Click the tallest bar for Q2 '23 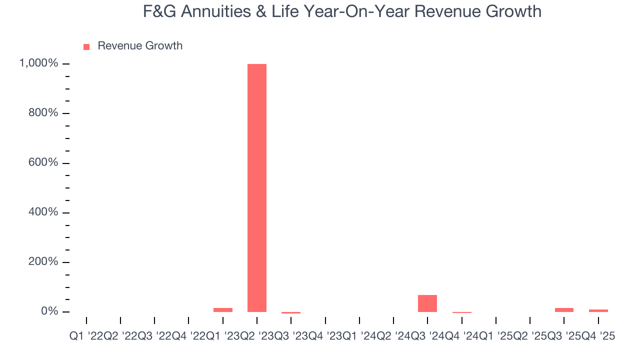[x=257, y=187]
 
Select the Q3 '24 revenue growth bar [x=427, y=303]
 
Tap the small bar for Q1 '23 [x=223, y=310]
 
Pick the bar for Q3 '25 [x=564, y=310]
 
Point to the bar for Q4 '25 [x=598, y=310]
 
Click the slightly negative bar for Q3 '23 [x=291, y=313]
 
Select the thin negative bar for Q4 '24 [x=461, y=312]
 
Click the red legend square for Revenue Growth [x=86, y=46]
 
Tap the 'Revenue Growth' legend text [x=140, y=46]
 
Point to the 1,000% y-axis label [x=38, y=63]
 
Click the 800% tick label [x=43, y=113]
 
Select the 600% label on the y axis [x=43, y=162]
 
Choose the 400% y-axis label [x=43, y=212]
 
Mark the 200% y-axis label [x=43, y=262]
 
